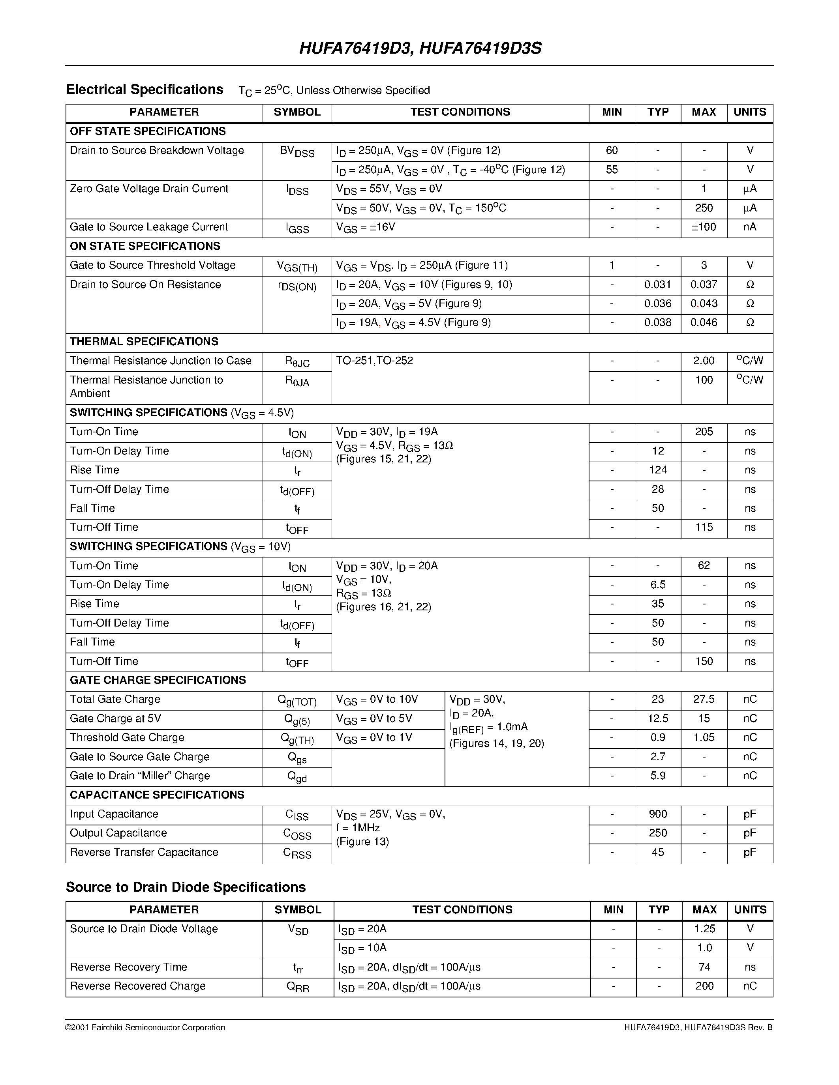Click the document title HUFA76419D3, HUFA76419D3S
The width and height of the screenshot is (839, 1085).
[x=420, y=48]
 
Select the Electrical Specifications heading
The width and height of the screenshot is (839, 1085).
[x=145, y=90]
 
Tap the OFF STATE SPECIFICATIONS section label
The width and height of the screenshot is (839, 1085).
[x=148, y=131]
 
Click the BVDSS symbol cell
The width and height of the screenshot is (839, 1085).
[x=297, y=152]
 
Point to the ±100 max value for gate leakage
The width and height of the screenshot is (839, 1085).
[x=704, y=227]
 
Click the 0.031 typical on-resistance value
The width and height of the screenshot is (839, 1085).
[x=658, y=284]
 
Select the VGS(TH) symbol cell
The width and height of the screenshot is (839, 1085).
[x=297, y=267]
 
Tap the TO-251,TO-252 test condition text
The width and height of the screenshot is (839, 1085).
[x=374, y=361]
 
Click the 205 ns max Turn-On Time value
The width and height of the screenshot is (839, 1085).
[x=704, y=432]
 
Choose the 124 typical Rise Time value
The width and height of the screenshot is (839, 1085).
[x=658, y=470]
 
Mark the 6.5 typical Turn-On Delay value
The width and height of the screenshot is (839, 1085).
[x=658, y=585]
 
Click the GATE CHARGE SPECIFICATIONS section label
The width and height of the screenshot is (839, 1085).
[x=158, y=680]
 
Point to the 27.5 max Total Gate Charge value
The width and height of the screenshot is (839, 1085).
[x=704, y=700]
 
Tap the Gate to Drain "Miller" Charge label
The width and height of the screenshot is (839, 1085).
[x=140, y=776]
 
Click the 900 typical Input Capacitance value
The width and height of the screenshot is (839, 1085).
[x=658, y=814]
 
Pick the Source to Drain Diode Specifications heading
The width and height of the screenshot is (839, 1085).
[x=186, y=887]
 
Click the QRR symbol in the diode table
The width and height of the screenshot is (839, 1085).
[x=298, y=987]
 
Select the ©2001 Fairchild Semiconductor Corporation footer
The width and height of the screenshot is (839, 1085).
[x=145, y=1028]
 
